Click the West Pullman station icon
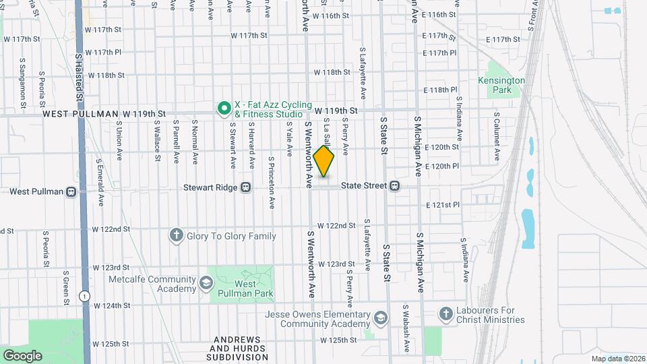(71, 191)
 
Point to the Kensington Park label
(501, 85)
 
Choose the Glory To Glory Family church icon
(176, 235)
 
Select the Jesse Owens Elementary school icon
(381, 317)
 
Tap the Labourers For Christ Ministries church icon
(445, 313)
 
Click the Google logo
(22, 355)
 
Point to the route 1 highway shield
(84, 295)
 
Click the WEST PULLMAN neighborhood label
(80, 115)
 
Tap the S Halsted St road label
(79, 78)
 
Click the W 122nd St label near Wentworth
(336, 225)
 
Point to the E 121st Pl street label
(442, 204)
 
